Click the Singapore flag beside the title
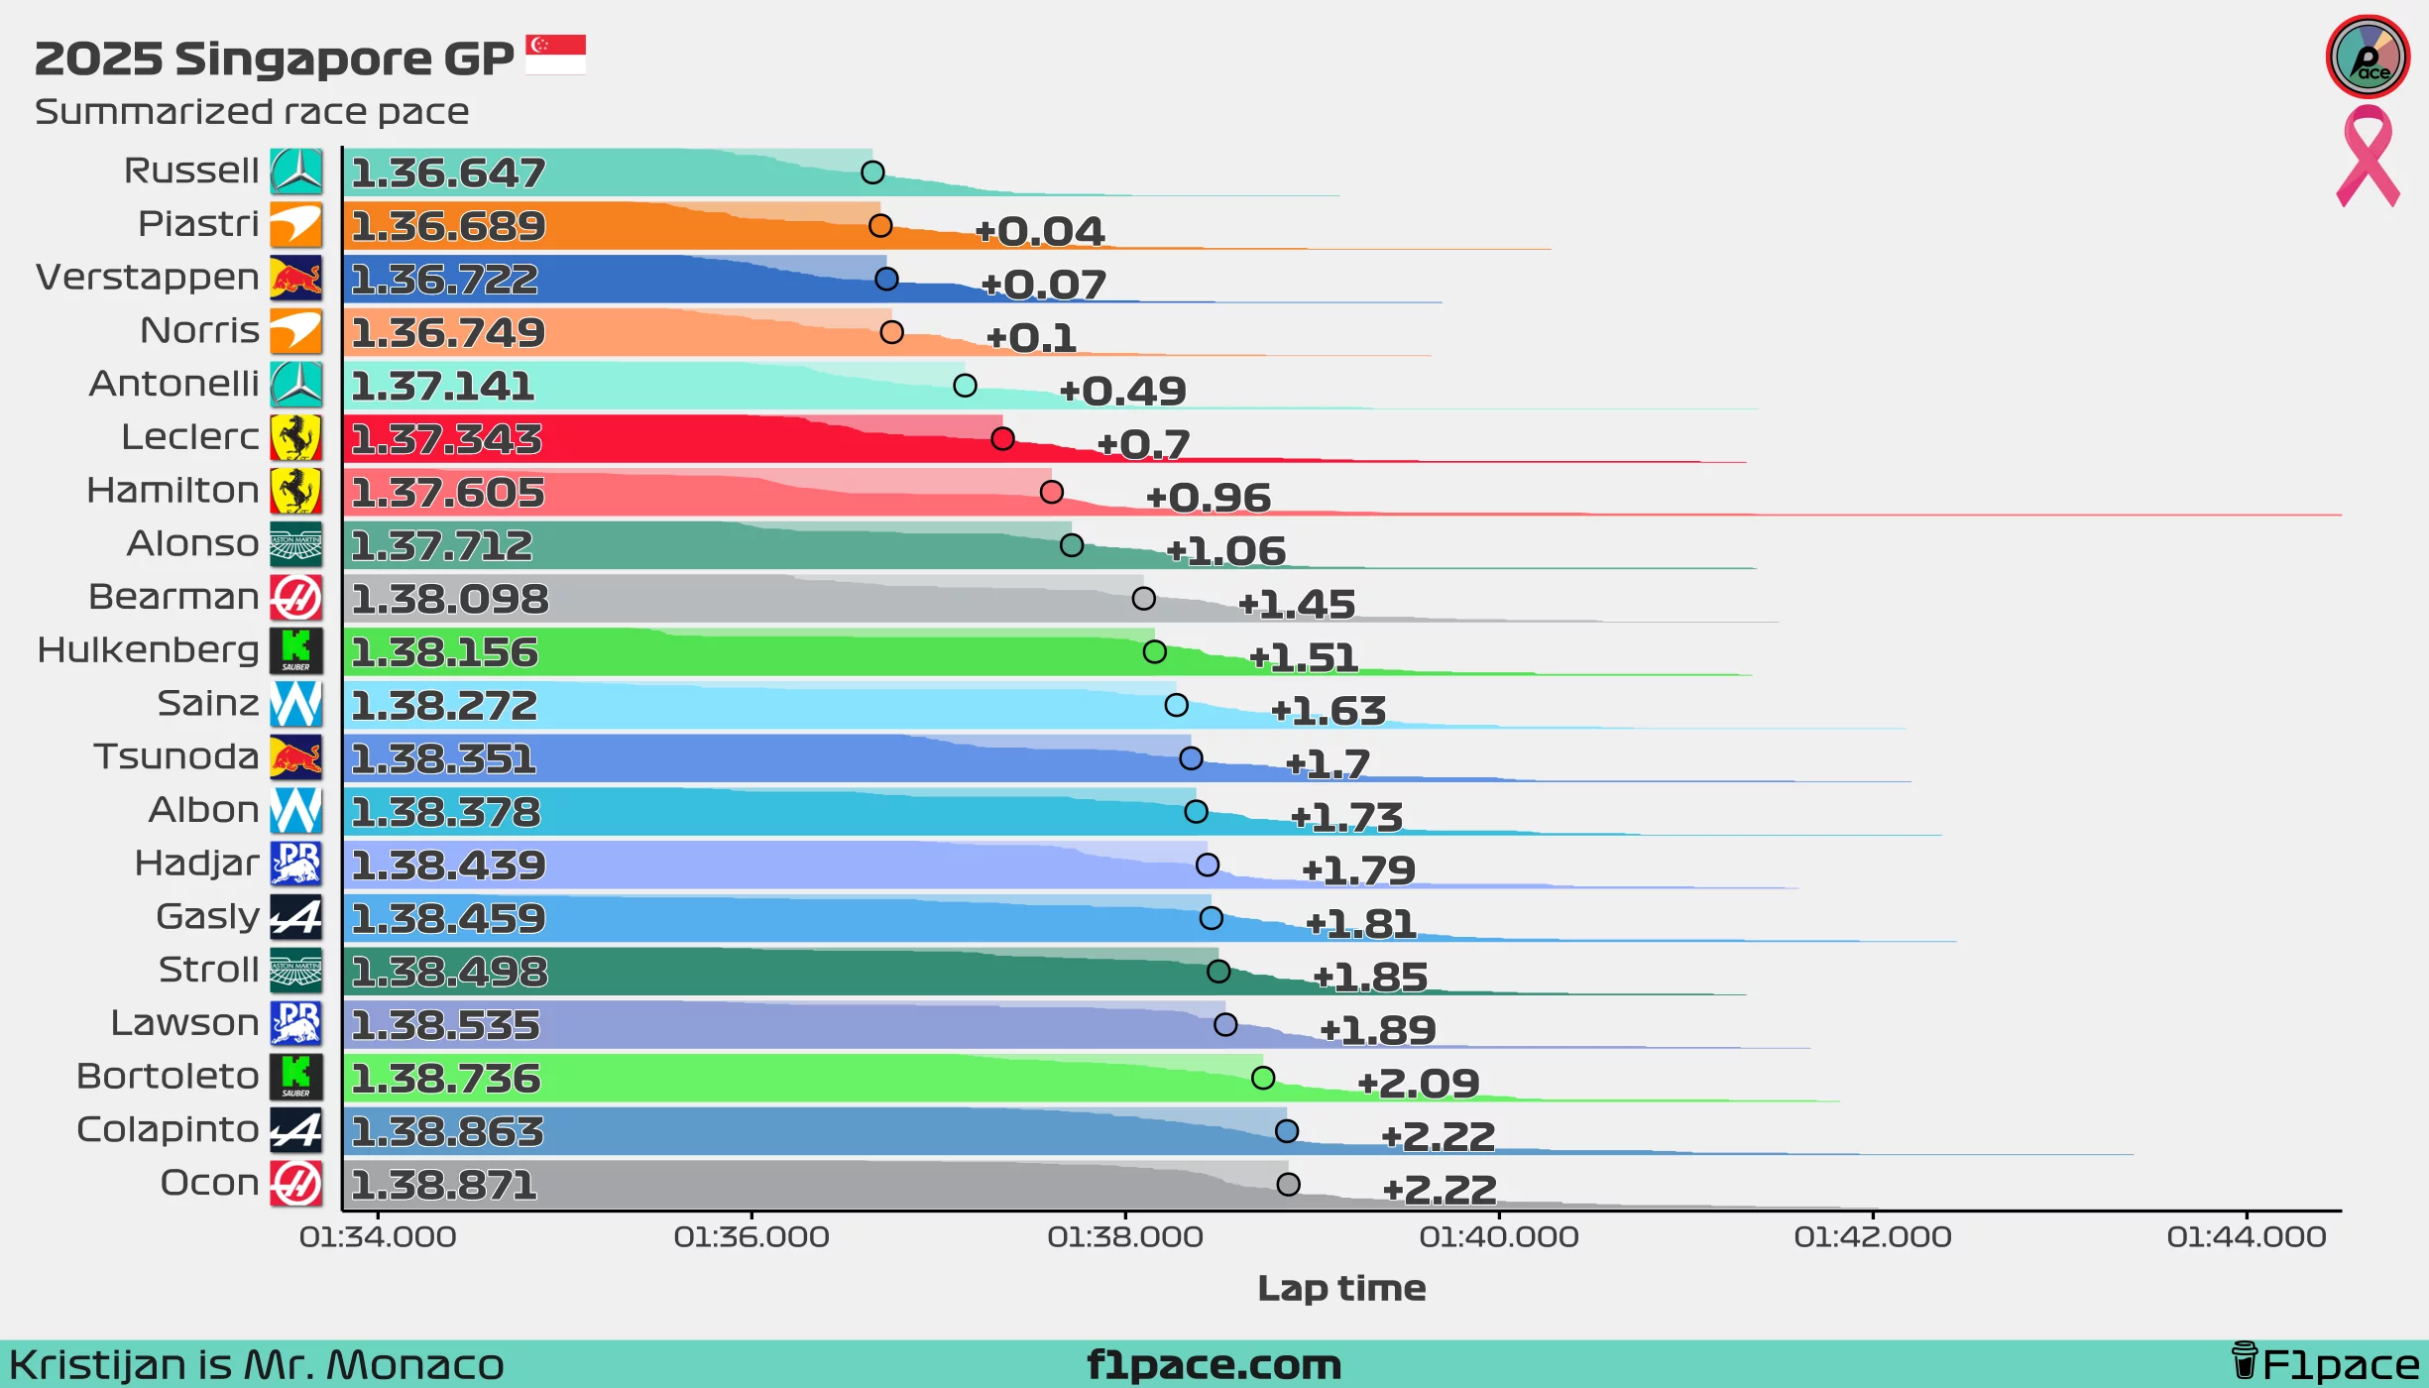(x=555, y=55)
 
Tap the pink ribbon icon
(x=2368, y=157)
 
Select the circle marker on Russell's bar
(x=872, y=173)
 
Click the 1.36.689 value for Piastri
(x=448, y=226)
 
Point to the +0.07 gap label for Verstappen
(x=1043, y=286)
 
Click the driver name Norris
(x=199, y=330)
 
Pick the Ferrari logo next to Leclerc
(x=295, y=437)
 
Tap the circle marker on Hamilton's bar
(x=1052, y=492)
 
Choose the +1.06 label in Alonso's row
(x=1225, y=551)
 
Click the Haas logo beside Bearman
(x=295, y=598)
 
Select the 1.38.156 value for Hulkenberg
(x=444, y=652)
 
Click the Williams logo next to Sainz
(x=295, y=704)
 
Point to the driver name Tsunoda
(x=176, y=756)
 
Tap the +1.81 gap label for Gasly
(x=1360, y=924)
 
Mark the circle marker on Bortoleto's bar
(x=1263, y=1078)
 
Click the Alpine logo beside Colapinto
(x=295, y=1130)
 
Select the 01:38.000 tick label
(x=1125, y=1237)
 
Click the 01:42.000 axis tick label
(x=1873, y=1237)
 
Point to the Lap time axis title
(x=1341, y=1288)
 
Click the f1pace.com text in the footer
(x=1214, y=1365)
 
